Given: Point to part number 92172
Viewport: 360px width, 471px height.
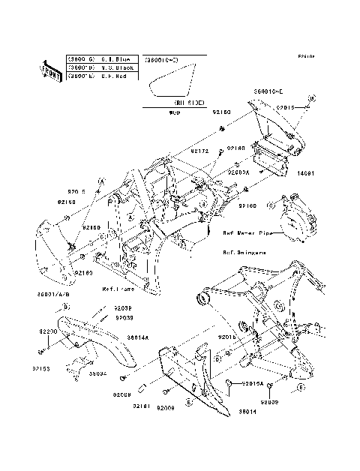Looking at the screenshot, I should (199, 151).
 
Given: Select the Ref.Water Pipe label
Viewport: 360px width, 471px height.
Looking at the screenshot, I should (247, 233).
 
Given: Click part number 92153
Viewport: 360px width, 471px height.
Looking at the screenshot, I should (41, 369).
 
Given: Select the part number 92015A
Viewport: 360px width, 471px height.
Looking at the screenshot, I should (251, 383).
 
